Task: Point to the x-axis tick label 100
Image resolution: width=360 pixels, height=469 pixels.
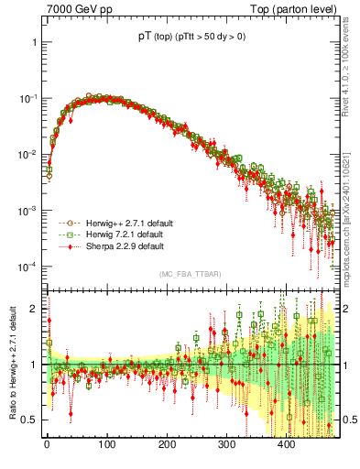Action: coord(106,444)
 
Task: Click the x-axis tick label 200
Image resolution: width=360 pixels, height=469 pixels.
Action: coord(167,444)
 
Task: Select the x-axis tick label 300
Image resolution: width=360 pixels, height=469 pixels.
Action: coord(226,444)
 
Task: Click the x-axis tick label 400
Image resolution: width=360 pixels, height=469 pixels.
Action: coord(286,444)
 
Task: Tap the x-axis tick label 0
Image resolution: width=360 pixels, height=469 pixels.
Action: coord(47,444)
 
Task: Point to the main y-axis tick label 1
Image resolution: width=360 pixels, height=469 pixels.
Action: coord(33,42)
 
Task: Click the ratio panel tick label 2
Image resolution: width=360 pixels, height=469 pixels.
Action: coord(33,309)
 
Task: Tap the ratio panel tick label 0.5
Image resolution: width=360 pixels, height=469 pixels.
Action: coord(29,420)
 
